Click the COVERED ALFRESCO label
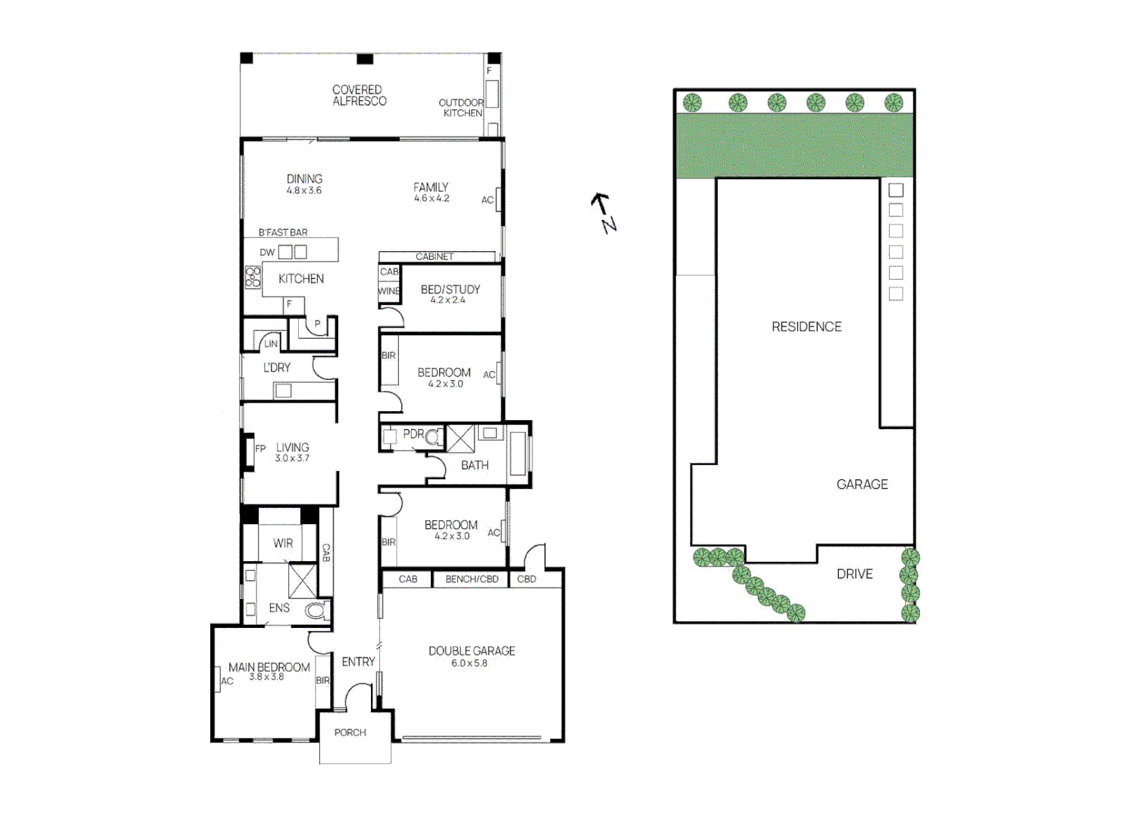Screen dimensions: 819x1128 click(359, 96)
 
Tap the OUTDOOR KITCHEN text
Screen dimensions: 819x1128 click(461, 108)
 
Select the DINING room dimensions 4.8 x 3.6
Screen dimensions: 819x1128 click(304, 191)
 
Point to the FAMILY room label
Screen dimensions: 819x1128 click(431, 187)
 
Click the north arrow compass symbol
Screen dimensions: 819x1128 click(604, 213)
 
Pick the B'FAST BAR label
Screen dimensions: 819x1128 click(283, 233)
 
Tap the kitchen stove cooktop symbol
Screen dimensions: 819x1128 click(253, 278)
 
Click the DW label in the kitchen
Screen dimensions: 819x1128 click(267, 253)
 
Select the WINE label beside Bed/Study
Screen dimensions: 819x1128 click(388, 291)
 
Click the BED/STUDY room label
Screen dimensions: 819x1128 click(451, 290)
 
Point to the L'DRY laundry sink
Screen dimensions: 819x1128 click(283, 391)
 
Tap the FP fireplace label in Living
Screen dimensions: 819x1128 click(260, 449)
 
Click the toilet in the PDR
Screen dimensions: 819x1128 click(433, 438)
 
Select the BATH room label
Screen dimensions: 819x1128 click(475, 466)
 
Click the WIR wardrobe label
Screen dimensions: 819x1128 click(283, 544)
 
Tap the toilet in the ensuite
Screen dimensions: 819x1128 click(316, 610)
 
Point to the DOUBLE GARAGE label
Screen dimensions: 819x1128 click(472, 651)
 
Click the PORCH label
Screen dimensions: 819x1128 click(350, 733)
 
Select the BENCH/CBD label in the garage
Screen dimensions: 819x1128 click(472, 579)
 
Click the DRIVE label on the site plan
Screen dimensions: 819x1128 click(854, 574)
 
